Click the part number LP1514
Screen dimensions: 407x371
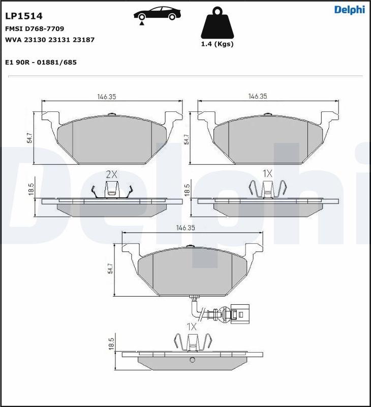click(23, 16)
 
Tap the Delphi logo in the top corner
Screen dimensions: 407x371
click(349, 10)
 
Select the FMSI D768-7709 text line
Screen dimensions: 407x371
click(35, 29)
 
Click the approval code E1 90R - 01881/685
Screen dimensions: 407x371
click(41, 62)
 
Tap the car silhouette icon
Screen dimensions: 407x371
click(158, 15)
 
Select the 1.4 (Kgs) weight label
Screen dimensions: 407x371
click(217, 44)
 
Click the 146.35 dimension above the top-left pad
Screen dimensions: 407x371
click(107, 96)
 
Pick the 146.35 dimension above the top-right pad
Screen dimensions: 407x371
click(258, 96)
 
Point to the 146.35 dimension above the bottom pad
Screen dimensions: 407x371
click(185, 228)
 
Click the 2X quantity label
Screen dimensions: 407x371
click(111, 174)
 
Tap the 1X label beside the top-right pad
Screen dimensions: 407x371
click(267, 174)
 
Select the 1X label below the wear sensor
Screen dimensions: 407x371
click(191, 327)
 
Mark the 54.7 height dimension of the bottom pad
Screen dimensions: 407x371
click(111, 269)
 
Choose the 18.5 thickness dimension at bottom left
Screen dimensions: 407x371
click(111, 344)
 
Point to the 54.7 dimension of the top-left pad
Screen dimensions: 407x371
click(29, 138)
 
